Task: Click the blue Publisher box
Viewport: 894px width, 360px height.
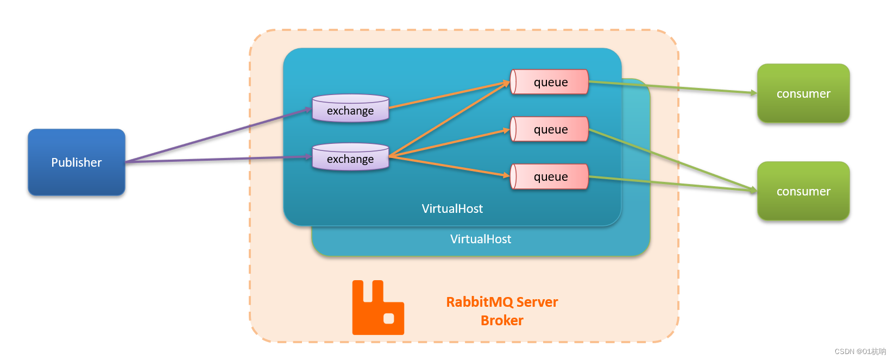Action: pos(77,162)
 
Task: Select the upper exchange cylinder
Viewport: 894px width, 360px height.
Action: pos(350,108)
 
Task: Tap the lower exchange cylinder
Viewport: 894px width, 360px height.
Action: pos(350,156)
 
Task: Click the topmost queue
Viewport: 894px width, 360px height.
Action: pos(550,82)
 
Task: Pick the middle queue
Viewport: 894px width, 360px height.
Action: pos(550,129)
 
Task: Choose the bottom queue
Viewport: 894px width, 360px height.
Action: pos(550,176)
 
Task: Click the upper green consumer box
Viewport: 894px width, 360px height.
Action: pos(803,93)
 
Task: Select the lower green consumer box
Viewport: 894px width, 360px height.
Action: pos(803,191)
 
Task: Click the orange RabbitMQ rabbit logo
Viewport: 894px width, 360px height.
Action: pos(378,307)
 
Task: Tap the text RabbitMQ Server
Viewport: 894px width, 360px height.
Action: pos(502,302)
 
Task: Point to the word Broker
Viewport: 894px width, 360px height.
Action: pos(502,320)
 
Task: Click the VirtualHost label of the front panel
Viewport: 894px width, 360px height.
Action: pos(452,209)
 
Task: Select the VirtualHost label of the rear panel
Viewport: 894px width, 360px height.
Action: pos(481,239)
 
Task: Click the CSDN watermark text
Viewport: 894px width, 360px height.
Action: pos(860,351)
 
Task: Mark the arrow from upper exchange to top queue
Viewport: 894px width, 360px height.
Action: pos(449,95)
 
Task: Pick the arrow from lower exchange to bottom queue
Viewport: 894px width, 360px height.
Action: pos(449,166)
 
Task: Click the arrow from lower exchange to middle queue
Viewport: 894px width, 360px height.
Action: pos(449,142)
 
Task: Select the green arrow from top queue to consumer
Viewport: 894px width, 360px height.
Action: pos(673,87)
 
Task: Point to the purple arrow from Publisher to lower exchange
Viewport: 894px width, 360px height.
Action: pos(219,159)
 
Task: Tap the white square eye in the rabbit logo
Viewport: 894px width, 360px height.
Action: pos(389,319)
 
